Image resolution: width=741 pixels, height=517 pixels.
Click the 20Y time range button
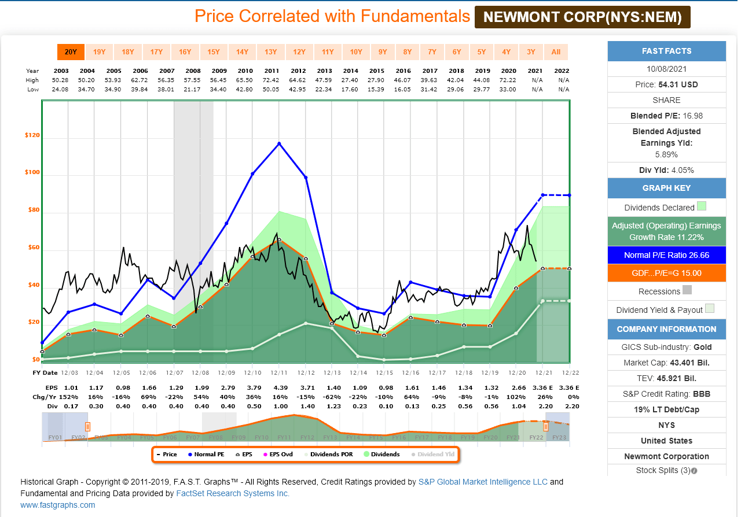tap(71, 52)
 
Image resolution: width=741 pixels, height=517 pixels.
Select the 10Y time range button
tap(356, 52)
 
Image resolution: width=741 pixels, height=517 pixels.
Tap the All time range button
tap(556, 52)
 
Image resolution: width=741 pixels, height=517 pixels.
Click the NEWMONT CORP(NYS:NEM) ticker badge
tap(582, 17)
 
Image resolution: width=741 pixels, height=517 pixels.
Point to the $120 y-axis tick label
tap(32, 135)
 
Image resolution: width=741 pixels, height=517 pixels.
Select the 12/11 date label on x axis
tap(279, 372)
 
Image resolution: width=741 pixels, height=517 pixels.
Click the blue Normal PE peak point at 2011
tap(279, 143)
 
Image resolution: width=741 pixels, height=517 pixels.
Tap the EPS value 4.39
tap(279, 387)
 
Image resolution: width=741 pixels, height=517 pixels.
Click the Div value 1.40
tap(306, 407)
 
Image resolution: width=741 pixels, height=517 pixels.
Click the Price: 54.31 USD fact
tap(666, 84)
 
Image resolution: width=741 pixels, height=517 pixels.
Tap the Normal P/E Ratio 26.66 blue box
tap(666, 255)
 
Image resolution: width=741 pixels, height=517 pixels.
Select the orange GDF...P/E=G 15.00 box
tap(666, 273)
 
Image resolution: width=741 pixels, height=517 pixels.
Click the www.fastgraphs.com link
tap(58, 505)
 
